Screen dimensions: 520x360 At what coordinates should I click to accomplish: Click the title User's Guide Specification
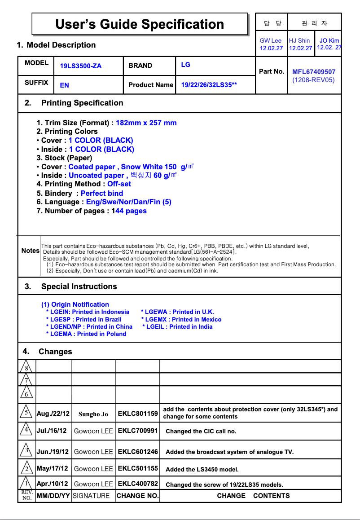pyautogui.click(x=140, y=24)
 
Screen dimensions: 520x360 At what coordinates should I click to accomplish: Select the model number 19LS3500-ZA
pyautogui.click(x=81, y=66)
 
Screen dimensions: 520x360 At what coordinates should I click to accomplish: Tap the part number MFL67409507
pyautogui.click(x=313, y=71)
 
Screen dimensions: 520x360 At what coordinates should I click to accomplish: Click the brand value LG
pyautogui.click(x=185, y=65)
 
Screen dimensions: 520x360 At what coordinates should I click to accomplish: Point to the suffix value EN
pyautogui.click(x=65, y=85)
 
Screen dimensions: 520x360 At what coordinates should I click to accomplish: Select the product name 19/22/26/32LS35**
pyautogui.click(x=209, y=85)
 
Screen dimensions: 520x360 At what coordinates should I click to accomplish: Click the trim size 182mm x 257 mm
pyautogui.click(x=146, y=123)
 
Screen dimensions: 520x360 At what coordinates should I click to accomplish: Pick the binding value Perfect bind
pyautogui.click(x=101, y=193)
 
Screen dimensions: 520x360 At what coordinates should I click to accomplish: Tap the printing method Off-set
pyautogui.click(x=119, y=184)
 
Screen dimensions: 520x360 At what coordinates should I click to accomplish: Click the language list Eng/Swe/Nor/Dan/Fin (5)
pyautogui.click(x=128, y=202)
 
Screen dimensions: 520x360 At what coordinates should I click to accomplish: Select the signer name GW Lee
pyautogui.click(x=271, y=40)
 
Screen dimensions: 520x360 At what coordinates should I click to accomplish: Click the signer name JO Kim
pyautogui.click(x=329, y=40)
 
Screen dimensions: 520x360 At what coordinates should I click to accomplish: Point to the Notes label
pyautogui.click(x=30, y=251)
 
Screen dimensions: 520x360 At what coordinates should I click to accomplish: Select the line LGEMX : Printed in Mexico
pyautogui.click(x=181, y=319)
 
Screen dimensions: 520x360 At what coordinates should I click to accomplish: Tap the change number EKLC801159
pyautogui.click(x=138, y=413)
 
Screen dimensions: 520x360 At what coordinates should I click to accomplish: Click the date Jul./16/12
pyautogui.click(x=52, y=431)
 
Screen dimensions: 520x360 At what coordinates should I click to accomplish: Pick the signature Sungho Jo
pyautogui.click(x=93, y=414)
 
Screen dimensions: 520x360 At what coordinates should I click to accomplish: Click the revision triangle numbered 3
pyautogui.click(x=26, y=450)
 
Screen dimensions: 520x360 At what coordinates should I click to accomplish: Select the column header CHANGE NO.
pyautogui.click(x=137, y=496)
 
